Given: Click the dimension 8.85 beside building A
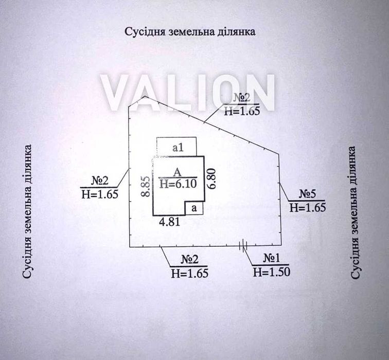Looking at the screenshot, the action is coord(146,187).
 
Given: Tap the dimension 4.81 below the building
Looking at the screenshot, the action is coord(170,222).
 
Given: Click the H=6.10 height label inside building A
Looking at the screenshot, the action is coord(179,184).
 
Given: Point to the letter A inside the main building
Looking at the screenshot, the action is coord(177,172).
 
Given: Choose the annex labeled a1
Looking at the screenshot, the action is coord(176,147).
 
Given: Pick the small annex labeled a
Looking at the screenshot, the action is coord(194,208).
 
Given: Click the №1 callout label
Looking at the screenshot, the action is coord(271,258).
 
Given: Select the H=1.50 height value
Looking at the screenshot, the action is coord(271,272).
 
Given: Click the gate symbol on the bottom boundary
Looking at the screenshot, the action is coord(243,245).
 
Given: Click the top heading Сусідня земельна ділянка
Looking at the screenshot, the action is coord(190,32).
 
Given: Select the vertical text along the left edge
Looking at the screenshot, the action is coord(27,211).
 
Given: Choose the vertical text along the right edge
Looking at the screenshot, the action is coord(355,212).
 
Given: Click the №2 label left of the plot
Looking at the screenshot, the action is coord(100,181).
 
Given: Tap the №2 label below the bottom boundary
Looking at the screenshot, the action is coord(190,260).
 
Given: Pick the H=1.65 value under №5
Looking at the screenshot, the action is coord(308,208).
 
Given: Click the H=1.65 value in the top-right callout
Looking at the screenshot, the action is coord(242,111).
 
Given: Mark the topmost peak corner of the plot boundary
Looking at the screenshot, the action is coord(145,96).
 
